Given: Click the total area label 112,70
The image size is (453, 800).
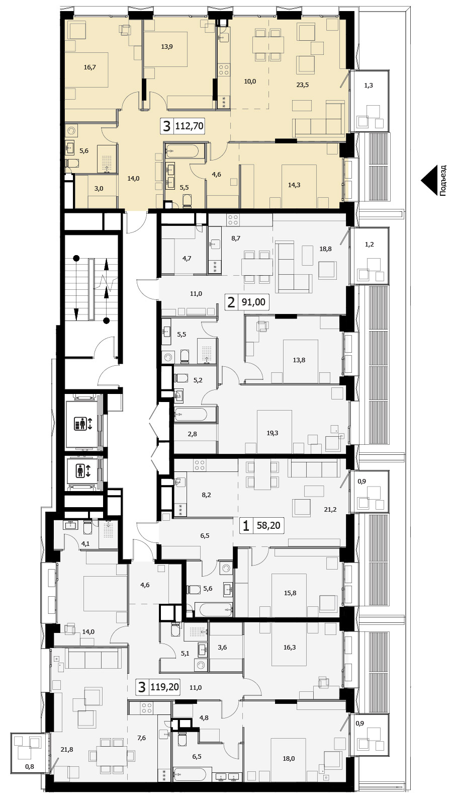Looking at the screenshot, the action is pyautogui.click(x=189, y=126).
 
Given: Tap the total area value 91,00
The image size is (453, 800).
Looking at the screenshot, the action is pyautogui.click(x=253, y=302).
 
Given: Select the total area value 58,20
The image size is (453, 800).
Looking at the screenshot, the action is pyautogui.click(x=268, y=525).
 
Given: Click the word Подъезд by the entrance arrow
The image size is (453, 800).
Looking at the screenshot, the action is pyautogui.click(x=442, y=180).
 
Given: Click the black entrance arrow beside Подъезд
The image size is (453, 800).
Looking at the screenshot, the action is pyautogui.click(x=429, y=180).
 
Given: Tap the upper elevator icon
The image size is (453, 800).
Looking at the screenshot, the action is pyautogui.click(x=82, y=424).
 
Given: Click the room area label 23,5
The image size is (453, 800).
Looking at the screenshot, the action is pyautogui.click(x=302, y=85).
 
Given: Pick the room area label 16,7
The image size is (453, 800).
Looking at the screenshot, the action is pyautogui.click(x=89, y=67).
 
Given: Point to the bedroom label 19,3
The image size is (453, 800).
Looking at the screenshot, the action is pyautogui.click(x=272, y=433).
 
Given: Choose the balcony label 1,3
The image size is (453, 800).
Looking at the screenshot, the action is pyautogui.click(x=369, y=86).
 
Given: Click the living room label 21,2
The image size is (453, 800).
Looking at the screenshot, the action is pyautogui.click(x=330, y=510).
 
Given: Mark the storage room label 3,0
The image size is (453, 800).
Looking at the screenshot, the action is pyautogui.click(x=99, y=188).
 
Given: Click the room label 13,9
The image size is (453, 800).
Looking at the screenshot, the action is pyautogui.click(x=167, y=46).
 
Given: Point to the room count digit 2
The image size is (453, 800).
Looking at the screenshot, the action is pyautogui.click(x=231, y=302).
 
